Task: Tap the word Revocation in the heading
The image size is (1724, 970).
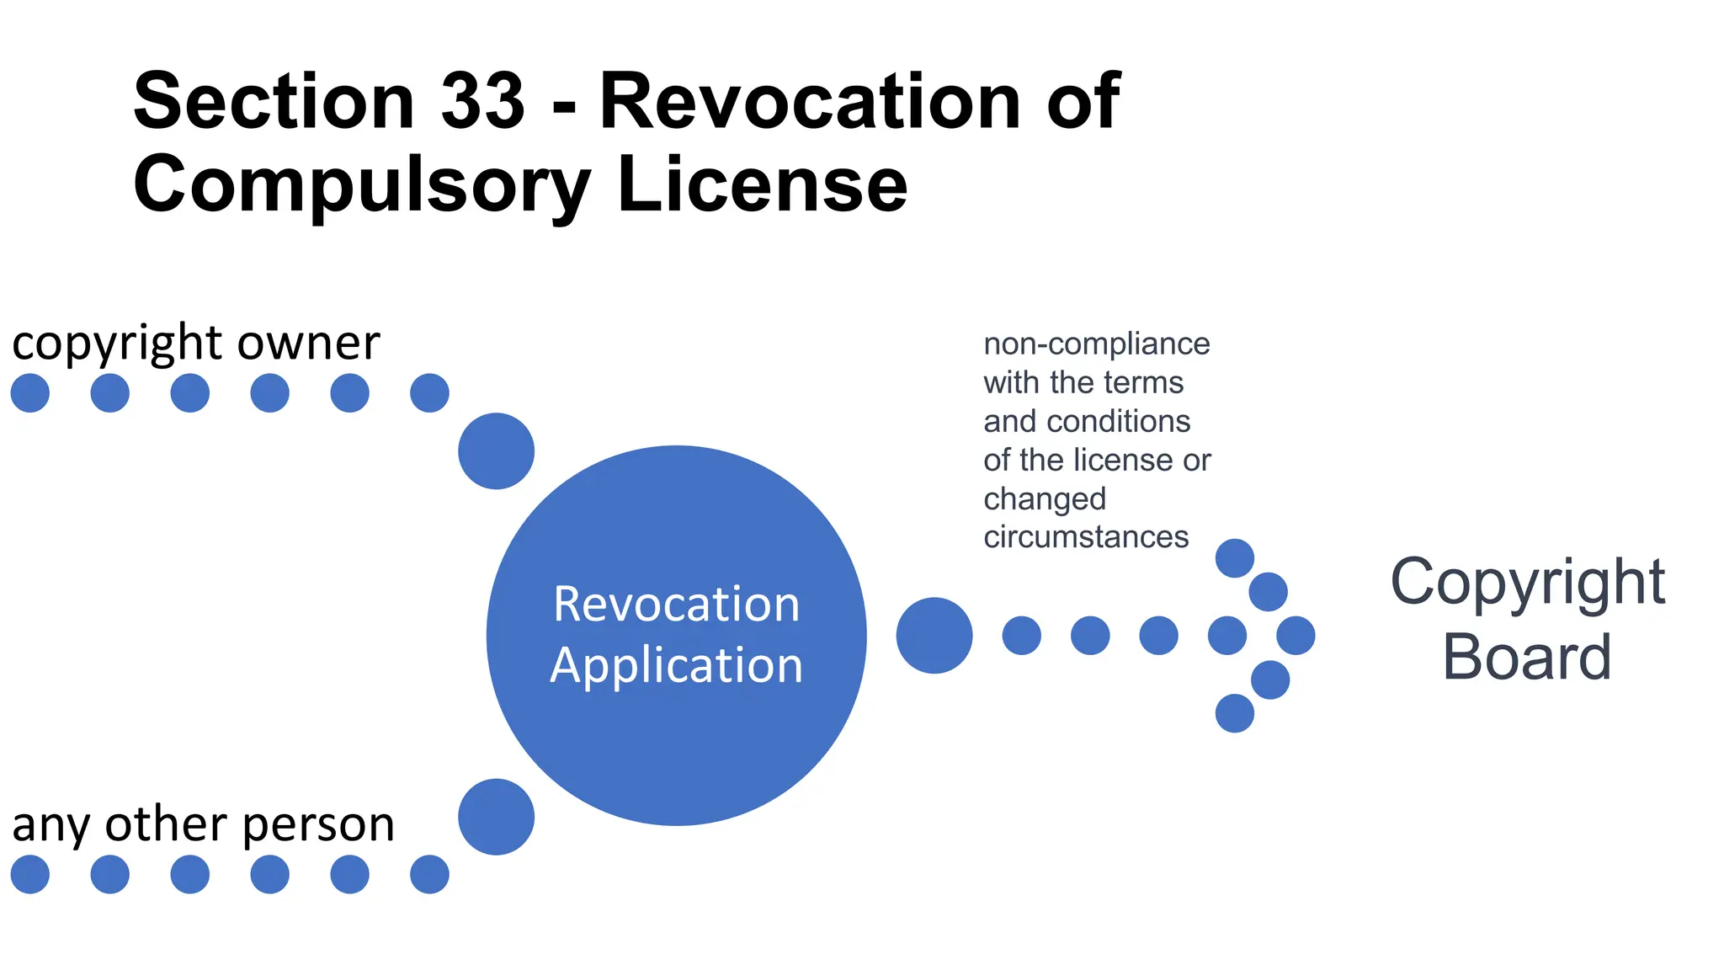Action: [810, 101]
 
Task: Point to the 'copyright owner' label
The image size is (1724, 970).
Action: [195, 343]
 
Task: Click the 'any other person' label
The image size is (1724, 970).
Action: [203, 823]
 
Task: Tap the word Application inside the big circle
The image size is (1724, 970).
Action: [676, 665]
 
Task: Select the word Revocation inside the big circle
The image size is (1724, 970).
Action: [676, 605]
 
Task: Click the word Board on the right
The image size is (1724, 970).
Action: [1526, 658]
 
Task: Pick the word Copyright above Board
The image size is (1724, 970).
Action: [1526, 582]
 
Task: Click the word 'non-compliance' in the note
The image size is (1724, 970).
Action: [1096, 344]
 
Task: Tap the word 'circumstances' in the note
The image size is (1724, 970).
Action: [1086, 536]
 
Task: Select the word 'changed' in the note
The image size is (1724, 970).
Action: [1045, 498]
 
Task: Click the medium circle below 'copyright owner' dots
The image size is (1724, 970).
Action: [496, 450]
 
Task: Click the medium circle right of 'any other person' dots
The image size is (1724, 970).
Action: [496, 817]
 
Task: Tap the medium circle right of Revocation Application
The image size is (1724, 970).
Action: [934, 636]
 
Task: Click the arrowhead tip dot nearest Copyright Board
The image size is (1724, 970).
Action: [1296, 636]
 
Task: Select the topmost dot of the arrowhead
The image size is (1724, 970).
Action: [1235, 558]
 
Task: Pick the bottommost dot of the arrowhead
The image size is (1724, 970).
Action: [1235, 713]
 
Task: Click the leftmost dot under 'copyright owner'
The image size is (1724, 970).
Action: [30, 393]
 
